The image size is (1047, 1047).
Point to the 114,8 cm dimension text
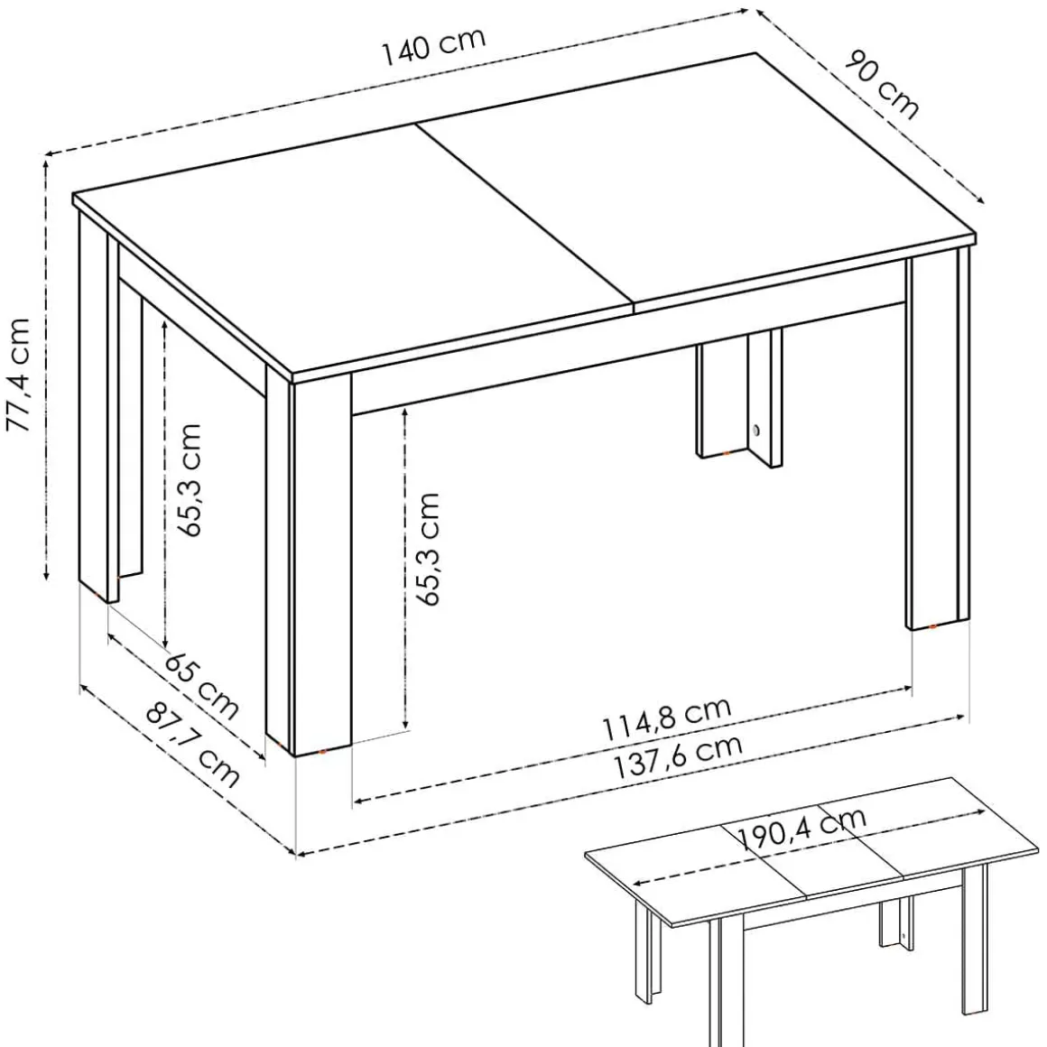tap(667, 719)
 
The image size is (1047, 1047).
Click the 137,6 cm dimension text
tap(678, 758)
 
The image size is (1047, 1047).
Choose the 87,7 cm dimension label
tap(191, 743)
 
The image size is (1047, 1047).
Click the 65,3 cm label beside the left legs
tap(189, 479)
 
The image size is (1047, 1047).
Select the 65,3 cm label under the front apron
tap(427, 549)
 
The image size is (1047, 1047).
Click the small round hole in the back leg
tap(756, 430)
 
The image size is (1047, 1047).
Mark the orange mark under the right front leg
tap(932, 627)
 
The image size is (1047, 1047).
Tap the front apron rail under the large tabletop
tap(628, 358)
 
